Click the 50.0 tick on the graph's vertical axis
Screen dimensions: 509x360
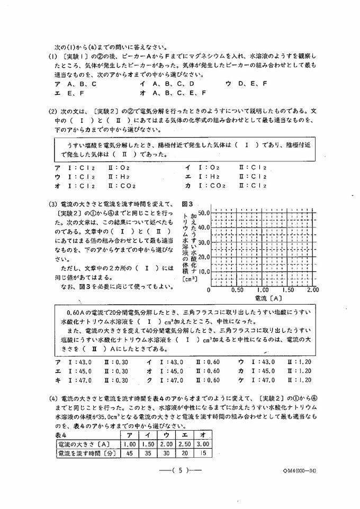[x=204, y=212]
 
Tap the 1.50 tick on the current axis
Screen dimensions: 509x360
[x=289, y=290]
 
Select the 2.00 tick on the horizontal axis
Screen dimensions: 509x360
[x=312, y=290]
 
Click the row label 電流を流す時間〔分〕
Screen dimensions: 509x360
[x=87, y=453]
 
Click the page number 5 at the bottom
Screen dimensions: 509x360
[x=181, y=469]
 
